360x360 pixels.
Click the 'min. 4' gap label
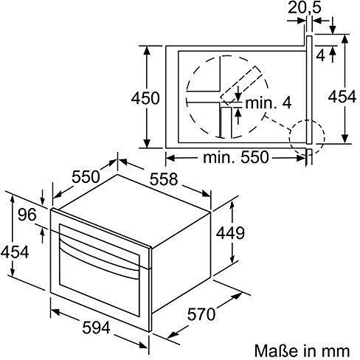click(263, 103)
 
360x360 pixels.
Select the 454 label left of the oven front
click(15, 252)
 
